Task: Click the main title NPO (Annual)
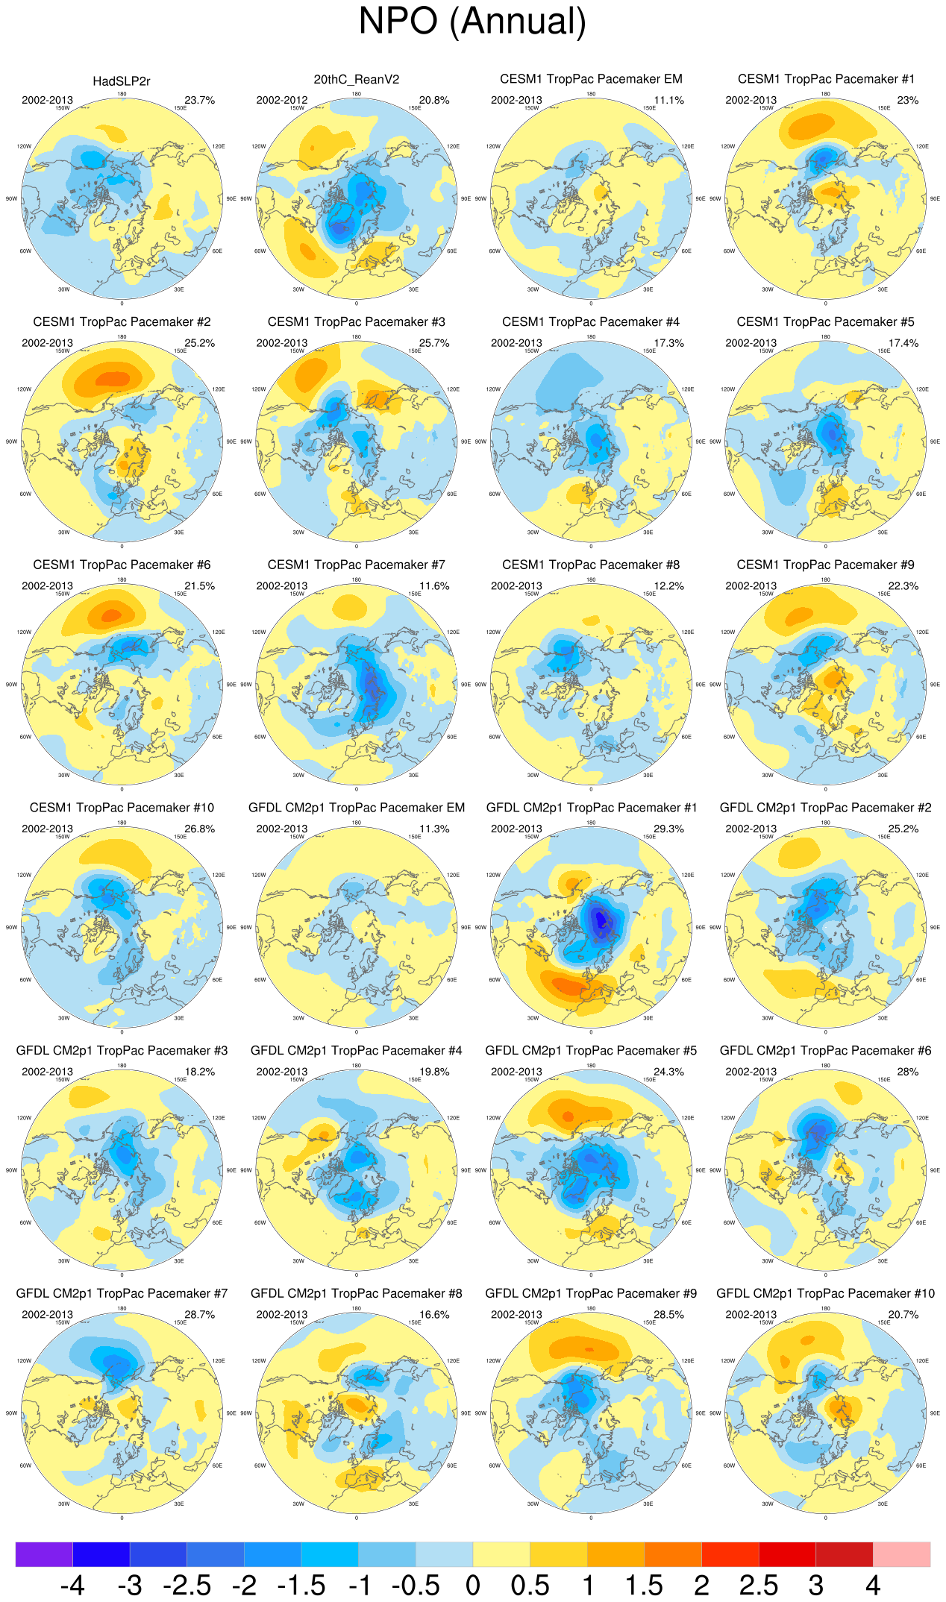coord(472,21)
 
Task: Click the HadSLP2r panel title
coord(122,81)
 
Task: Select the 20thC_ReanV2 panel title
coord(356,80)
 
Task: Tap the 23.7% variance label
coord(199,100)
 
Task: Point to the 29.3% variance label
coord(668,829)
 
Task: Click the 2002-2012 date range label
coord(282,100)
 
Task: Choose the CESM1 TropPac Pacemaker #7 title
coord(356,565)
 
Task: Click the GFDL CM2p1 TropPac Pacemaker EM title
coord(356,808)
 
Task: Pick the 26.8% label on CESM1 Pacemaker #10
coord(199,829)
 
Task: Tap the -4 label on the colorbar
coord(72,1585)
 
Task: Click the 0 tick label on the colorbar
coord(472,1585)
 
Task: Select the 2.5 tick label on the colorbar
coord(758,1585)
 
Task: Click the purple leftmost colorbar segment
coord(44,1554)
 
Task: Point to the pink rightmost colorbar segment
coord(901,1554)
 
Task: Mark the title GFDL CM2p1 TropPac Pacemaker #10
coord(824,1293)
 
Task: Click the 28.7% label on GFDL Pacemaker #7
coord(199,1314)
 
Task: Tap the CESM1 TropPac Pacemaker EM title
coord(591,79)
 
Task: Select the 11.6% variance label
coord(434,585)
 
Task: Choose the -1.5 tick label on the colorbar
coord(301,1585)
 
